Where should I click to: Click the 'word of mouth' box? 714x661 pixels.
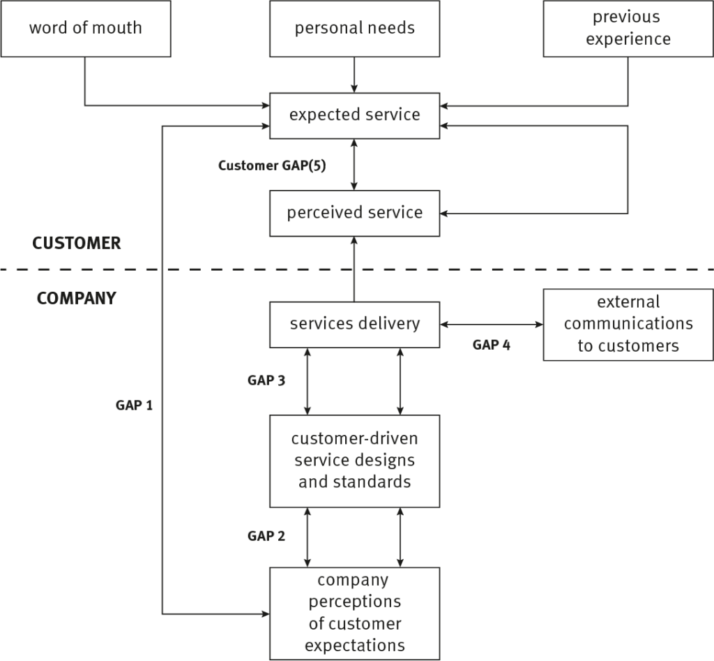point(85,29)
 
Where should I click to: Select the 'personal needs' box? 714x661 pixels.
point(354,29)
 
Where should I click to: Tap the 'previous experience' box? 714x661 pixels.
point(628,29)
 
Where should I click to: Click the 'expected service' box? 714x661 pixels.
point(354,115)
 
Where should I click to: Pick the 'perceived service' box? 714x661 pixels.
point(354,213)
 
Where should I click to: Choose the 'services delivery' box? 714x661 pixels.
point(354,324)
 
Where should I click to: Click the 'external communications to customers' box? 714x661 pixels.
point(628,324)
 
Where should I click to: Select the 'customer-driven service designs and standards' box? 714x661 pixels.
point(354,461)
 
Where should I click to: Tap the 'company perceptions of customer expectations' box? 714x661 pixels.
point(354,613)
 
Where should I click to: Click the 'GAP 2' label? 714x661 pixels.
point(266,536)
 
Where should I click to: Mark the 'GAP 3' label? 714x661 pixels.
point(266,381)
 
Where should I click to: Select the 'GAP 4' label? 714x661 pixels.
point(491,344)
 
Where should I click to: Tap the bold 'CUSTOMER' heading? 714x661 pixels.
point(77,244)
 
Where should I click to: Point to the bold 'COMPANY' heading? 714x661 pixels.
point(77,299)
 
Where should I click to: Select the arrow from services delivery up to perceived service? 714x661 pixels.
point(354,269)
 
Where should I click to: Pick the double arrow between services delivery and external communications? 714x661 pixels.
point(491,325)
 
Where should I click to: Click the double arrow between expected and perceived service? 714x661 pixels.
point(354,164)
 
